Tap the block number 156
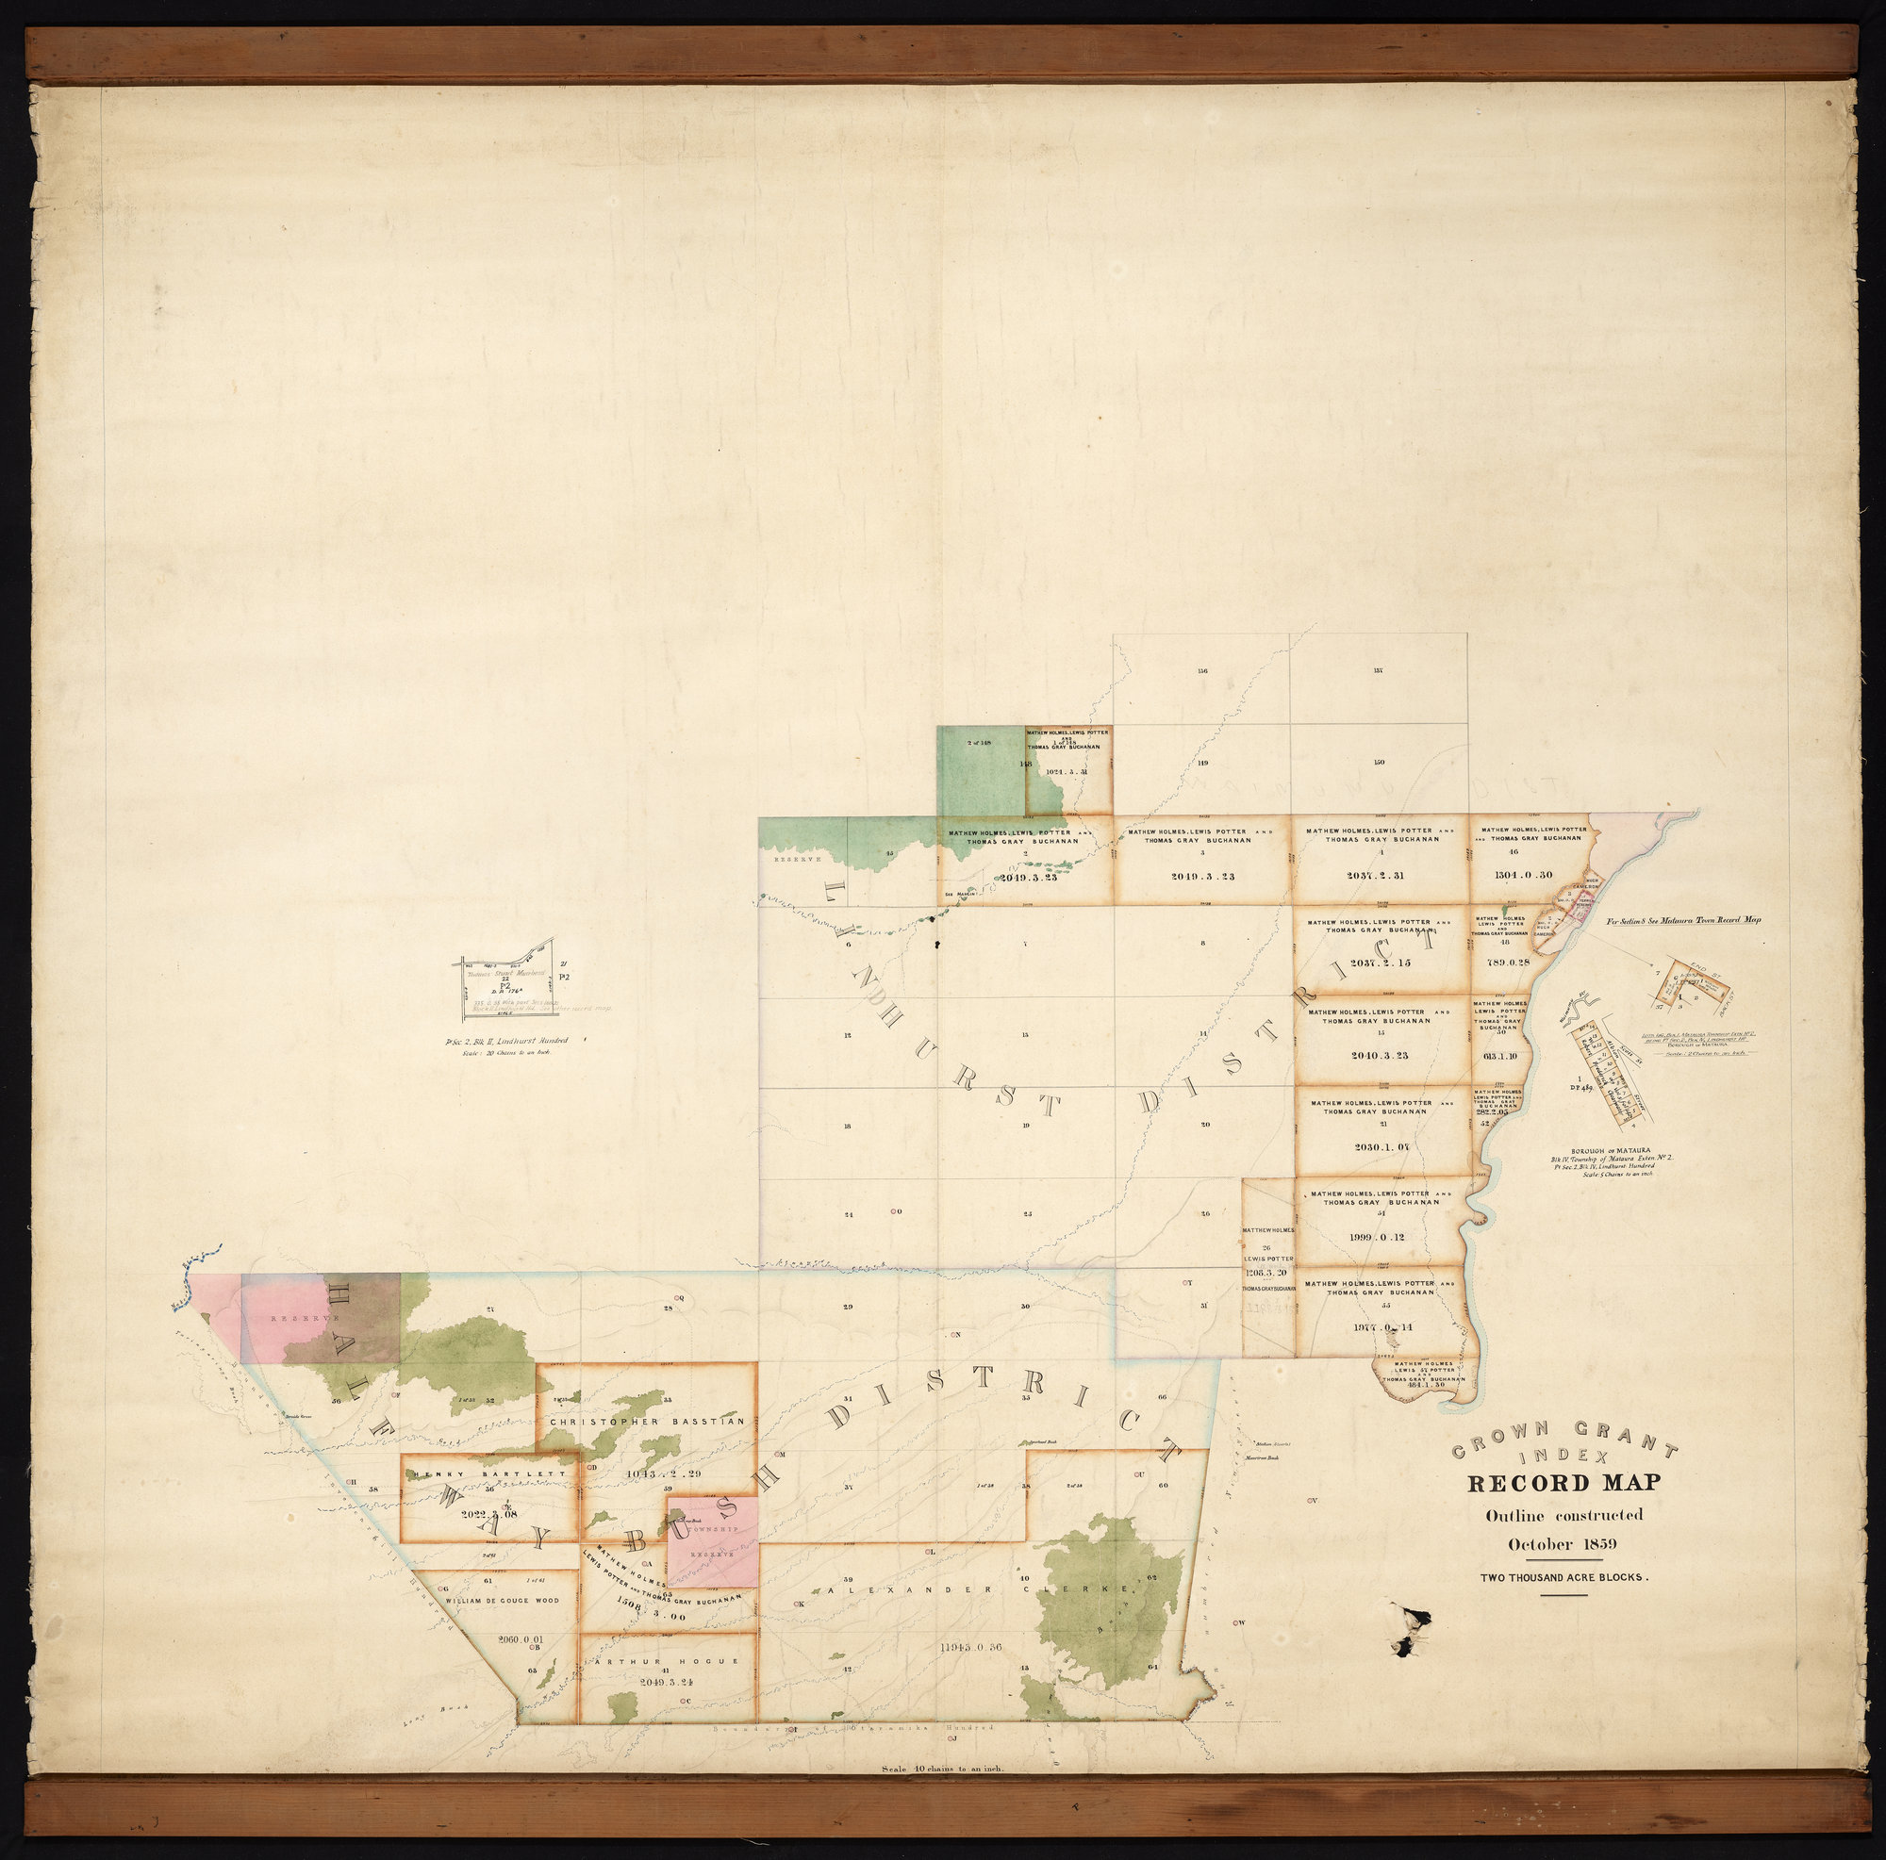[x=1201, y=670]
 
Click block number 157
[x=1379, y=670]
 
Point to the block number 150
[x=1379, y=762]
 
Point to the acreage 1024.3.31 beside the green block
[x=1066, y=772]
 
